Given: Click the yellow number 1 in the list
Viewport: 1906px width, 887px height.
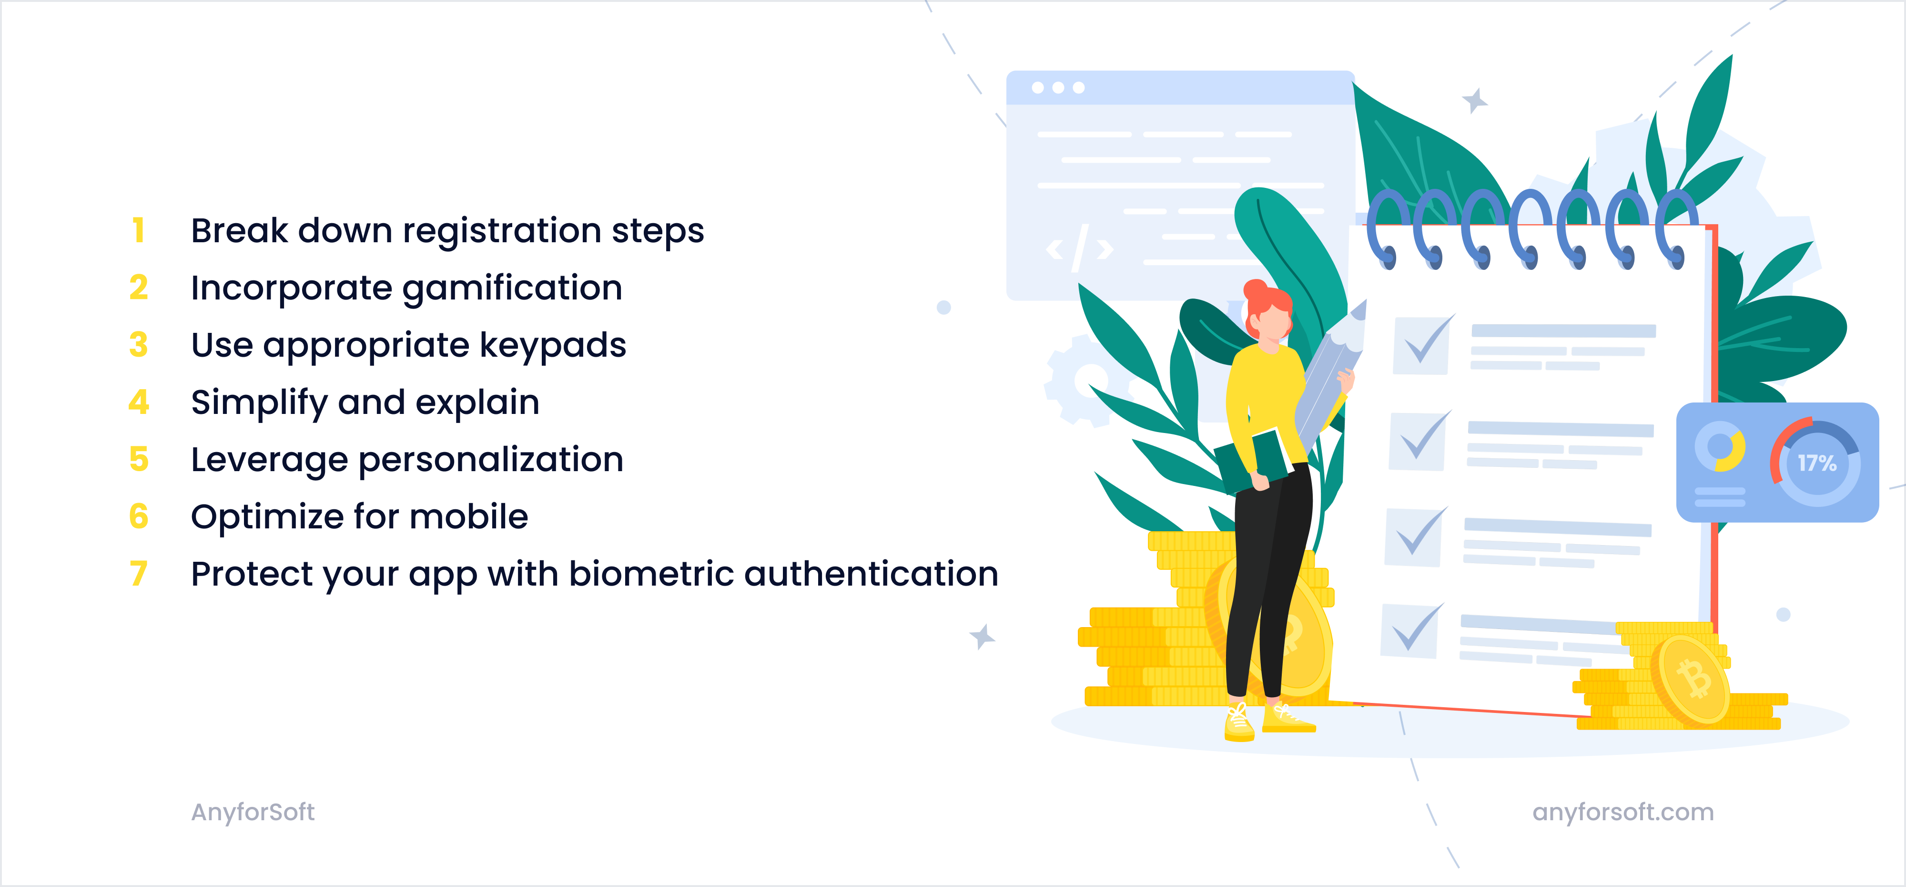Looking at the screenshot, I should tap(138, 230).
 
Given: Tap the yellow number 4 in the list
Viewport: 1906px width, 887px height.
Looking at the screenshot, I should tap(138, 402).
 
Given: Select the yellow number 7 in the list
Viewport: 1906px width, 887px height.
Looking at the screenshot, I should tap(138, 574).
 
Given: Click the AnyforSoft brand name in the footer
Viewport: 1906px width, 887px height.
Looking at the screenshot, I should tap(253, 812).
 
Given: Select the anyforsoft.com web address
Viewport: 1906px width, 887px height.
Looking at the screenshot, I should tap(1622, 812).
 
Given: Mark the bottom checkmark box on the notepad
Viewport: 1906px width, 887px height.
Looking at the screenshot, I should tap(1410, 631).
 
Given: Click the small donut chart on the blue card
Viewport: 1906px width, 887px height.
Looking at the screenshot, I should tap(1720, 446).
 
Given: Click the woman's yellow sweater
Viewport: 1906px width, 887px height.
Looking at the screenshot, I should tap(1265, 392).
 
